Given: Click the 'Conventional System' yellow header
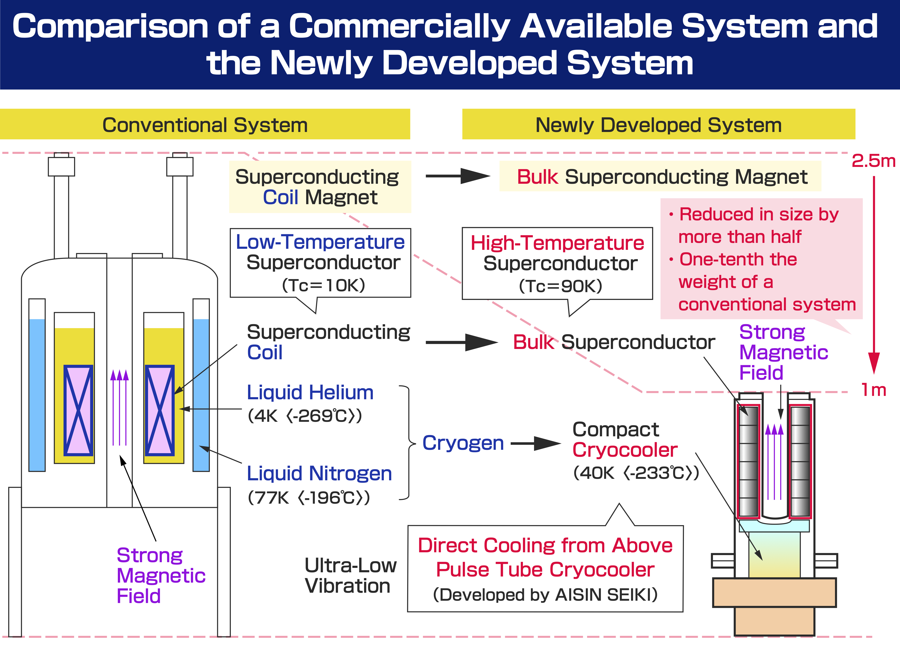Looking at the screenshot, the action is pyautogui.click(x=205, y=124).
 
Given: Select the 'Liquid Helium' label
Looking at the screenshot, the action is pyautogui.click(x=310, y=393).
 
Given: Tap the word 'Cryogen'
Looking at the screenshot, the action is pyautogui.click(x=463, y=443).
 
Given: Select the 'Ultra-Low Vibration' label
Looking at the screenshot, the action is pyautogui.click(x=350, y=575).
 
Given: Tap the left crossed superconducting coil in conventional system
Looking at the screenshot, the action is pyautogui.click(x=79, y=410).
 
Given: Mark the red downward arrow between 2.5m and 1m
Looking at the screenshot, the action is pyautogui.click(x=874, y=274).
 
